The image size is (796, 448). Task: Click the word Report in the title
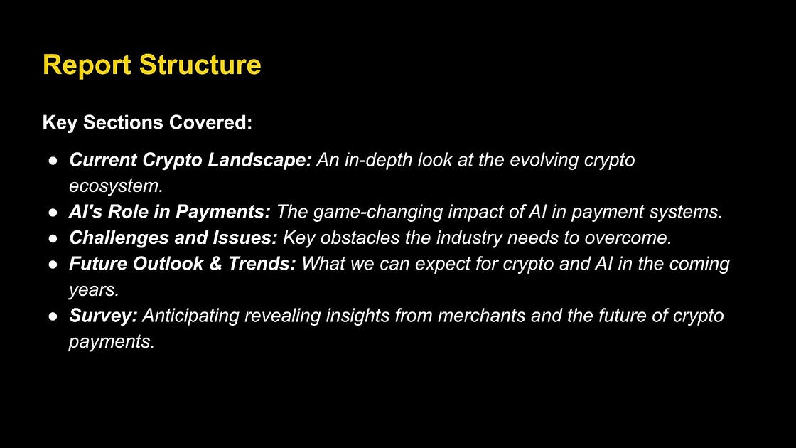tap(87, 65)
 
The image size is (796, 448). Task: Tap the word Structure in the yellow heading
tap(200, 65)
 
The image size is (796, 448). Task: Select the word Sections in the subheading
tap(124, 122)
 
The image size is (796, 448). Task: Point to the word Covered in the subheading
tap(210, 122)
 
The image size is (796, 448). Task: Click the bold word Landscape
tap(259, 161)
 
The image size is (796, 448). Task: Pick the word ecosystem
tap(117, 186)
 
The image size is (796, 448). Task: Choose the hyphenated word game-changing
tap(378, 213)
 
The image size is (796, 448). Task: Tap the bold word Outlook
tap(171, 264)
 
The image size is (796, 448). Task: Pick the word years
tap(94, 290)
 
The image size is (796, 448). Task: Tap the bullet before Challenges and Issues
tap(53, 238)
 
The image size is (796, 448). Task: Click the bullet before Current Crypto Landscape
tap(53, 161)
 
